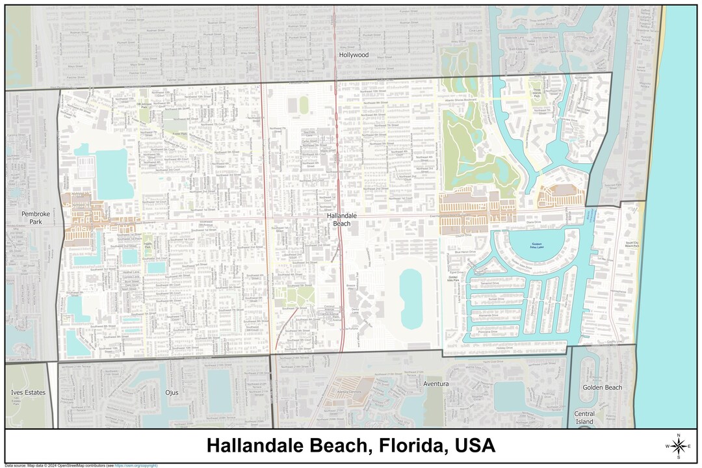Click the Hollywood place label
(354, 55)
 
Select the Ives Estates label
(29, 393)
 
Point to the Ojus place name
(171, 393)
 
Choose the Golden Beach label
(602, 387)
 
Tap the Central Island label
(584, 417)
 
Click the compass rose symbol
(679, 446)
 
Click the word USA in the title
(475, 446)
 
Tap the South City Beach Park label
(632, 245)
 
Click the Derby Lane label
(355, 311)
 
